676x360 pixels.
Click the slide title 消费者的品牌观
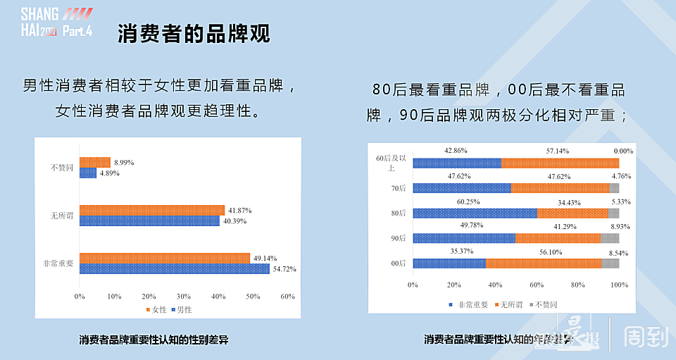point(194,33)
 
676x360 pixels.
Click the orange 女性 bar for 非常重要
point(164,258)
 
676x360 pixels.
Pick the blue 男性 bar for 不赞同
point(87,173)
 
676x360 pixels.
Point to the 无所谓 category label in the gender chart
point(61,216)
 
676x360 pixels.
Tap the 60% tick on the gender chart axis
point(287,297)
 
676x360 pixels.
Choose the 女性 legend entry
point(156,309)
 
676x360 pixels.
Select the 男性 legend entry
point(181,309)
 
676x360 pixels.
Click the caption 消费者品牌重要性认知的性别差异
point(154,340)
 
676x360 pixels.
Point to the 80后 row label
point(399,213)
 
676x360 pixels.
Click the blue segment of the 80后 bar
point(475,213)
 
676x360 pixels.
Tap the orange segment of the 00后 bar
point(543,263)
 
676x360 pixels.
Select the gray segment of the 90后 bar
point(610,238)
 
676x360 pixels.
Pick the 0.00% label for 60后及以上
point(622,151)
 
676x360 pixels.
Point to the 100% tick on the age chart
point(619,285)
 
